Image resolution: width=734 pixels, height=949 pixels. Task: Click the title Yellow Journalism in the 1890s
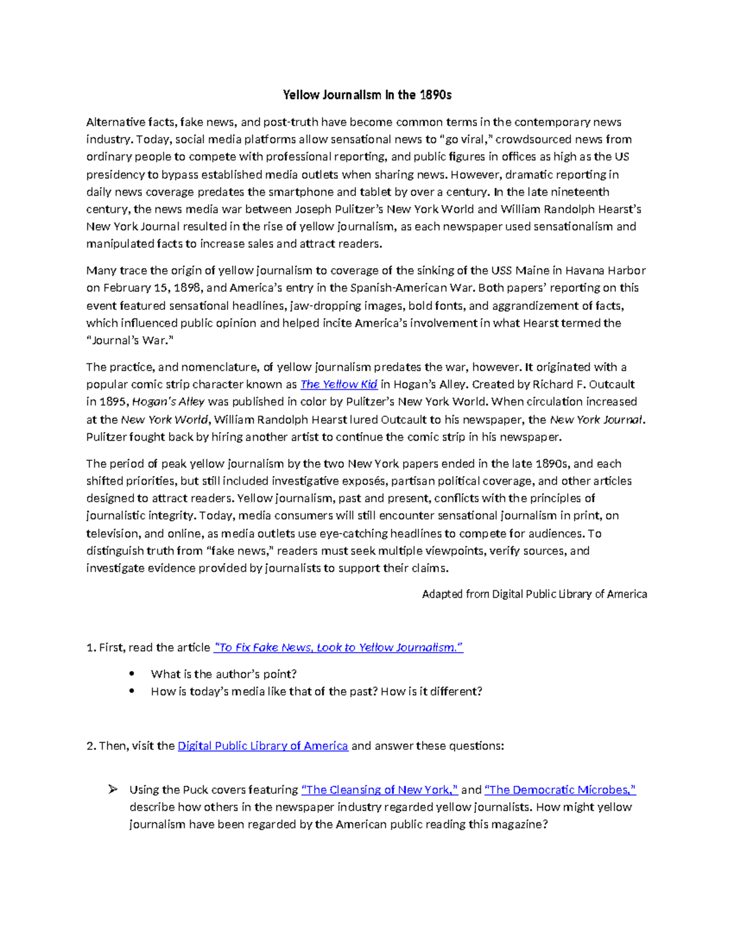click(367, 95)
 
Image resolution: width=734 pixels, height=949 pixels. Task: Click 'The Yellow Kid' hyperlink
click(338, 384)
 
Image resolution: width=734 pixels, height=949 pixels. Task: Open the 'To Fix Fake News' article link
click(338, 648)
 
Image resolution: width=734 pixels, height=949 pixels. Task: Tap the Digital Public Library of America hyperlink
click(262, 746)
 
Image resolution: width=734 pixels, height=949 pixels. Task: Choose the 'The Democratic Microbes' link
click(560, 790)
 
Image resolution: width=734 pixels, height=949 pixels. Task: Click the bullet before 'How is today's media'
click(132, 692)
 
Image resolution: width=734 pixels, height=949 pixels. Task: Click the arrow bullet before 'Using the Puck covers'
click(113, 790)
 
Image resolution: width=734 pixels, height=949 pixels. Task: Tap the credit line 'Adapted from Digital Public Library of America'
click(534, 594)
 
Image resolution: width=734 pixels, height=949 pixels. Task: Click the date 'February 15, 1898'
click(156, 288)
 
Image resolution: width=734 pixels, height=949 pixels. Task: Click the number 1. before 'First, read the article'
click(91, 648)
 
